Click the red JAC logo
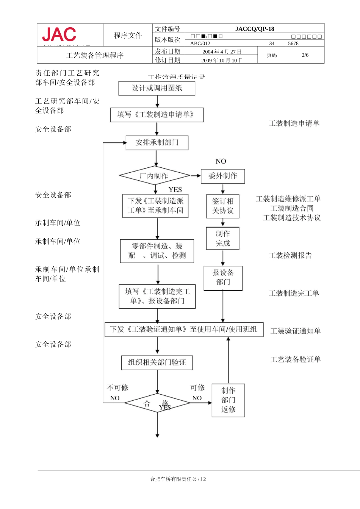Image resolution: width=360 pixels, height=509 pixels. tap(59, 35)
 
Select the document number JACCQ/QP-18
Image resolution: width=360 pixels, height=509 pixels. tap(254, 29)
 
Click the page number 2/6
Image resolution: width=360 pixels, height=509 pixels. tap(305, 55)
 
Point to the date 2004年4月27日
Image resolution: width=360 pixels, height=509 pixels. tap(222, 52)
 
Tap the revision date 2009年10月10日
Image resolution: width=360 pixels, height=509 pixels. tap(222, 60)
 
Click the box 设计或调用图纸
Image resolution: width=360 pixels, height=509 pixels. tap(157, 88)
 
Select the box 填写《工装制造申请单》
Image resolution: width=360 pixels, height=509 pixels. tap(157, 115)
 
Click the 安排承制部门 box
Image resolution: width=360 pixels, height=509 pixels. tap(157, 143)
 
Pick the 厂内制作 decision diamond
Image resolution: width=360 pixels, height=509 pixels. tap(155, 176)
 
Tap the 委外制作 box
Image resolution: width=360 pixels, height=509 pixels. tap(223, 176)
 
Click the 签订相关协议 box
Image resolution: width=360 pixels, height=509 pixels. tap(223, 206)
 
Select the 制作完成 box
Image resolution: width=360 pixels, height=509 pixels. tap(223, 239)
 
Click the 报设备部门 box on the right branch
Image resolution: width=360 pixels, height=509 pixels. tap(223, 278)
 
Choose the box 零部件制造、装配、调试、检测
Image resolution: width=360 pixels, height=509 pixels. tap(157, 251)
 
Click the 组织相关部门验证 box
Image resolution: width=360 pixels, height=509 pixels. tap(157, 362)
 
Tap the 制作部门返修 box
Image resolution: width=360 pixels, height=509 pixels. tap(228, 400)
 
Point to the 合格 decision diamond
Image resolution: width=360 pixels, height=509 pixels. tap(157, 403)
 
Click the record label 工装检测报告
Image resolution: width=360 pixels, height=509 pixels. tap(290, 256)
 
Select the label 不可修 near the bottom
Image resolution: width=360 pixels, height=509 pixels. tap(117, 387)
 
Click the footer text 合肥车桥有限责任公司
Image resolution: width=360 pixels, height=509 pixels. tap(176, 479)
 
